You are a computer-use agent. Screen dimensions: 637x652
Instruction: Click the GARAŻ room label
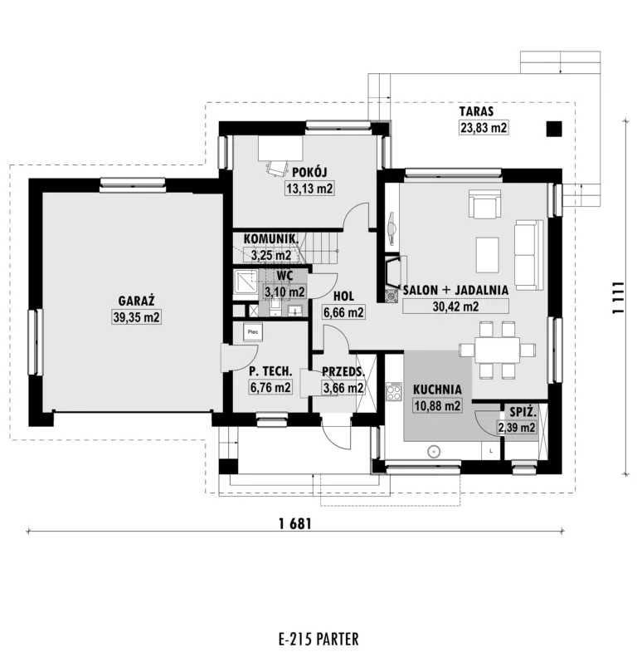[136, 300]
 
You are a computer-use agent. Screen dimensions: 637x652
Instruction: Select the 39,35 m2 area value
[136, 317]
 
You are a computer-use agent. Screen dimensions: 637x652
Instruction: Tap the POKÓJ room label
[309, 172]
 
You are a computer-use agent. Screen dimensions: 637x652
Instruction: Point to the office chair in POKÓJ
[277, 168]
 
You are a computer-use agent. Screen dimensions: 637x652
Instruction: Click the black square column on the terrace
[553, 129]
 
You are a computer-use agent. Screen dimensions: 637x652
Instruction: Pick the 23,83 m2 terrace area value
[484, 127]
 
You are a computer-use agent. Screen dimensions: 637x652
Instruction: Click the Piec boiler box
[253, 332]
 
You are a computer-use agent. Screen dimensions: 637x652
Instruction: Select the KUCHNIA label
[437, 390]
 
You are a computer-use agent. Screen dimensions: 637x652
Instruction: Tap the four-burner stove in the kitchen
[394, 391]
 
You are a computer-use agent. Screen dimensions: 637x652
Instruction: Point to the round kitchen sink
[434, 451]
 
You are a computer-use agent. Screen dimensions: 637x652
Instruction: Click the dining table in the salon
[497, 350]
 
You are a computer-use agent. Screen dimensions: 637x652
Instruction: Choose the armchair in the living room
[484, 203]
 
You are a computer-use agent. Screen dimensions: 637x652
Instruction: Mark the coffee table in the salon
[487, 254]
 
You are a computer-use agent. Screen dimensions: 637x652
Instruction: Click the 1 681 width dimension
[295, 523]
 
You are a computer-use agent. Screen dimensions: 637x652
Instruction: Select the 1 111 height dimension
[618, 297]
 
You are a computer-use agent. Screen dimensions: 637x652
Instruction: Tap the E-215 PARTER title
[318, 639]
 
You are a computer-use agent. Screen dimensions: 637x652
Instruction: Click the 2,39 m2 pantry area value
[517, 427]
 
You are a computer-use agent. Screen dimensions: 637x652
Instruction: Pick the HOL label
[344, 296]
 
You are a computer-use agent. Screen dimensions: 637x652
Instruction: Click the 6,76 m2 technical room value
[270, 387]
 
